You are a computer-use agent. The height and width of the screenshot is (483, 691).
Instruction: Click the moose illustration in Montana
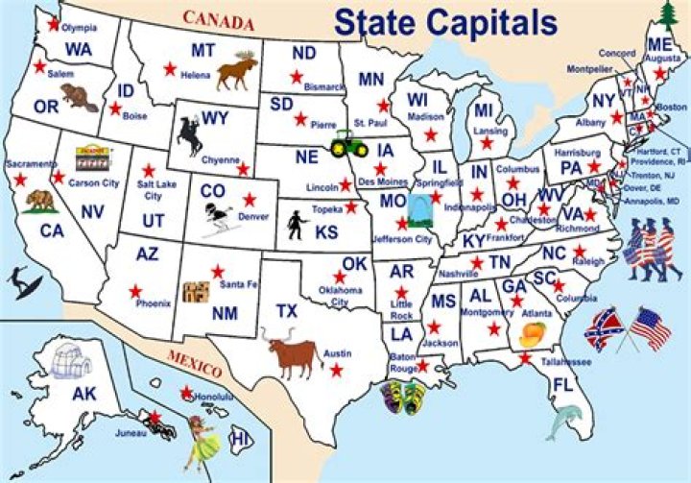(x=236, y=71)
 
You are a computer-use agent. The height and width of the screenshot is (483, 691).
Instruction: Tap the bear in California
(x=41, y=200)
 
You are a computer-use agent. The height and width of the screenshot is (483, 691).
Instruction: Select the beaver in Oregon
(x=73, y=96)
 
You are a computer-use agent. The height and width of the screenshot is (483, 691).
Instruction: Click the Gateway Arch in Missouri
(x=418, y=208)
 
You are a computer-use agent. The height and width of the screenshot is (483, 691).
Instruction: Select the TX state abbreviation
(x=287, y=311)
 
